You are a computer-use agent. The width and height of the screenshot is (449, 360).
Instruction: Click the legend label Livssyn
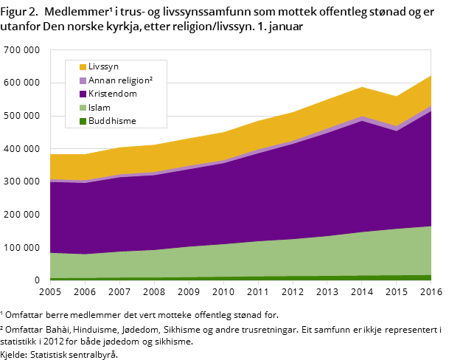tap(103, 67)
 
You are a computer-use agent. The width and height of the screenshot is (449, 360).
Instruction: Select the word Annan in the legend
tap(102, 80)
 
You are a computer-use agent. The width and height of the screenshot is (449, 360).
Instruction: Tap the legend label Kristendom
tap(112, 94)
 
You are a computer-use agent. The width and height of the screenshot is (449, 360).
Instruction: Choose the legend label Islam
tap(99, 108)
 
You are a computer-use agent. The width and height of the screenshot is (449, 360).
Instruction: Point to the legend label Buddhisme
tap(112, 121)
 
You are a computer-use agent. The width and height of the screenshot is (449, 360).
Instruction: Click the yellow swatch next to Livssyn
tap(83, 67)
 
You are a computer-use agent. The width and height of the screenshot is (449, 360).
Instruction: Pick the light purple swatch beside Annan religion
tap(83, 80)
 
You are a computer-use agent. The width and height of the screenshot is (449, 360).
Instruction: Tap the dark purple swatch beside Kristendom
tap(83, 94)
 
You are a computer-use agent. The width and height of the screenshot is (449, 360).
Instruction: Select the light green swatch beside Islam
tap(83, 108)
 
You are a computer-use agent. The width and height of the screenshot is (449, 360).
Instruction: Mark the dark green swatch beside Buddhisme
tap(83, 121)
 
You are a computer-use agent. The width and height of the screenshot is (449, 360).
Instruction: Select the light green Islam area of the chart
tap(258, 258)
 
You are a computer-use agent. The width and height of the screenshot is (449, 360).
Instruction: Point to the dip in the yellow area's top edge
tap(397, 97)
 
